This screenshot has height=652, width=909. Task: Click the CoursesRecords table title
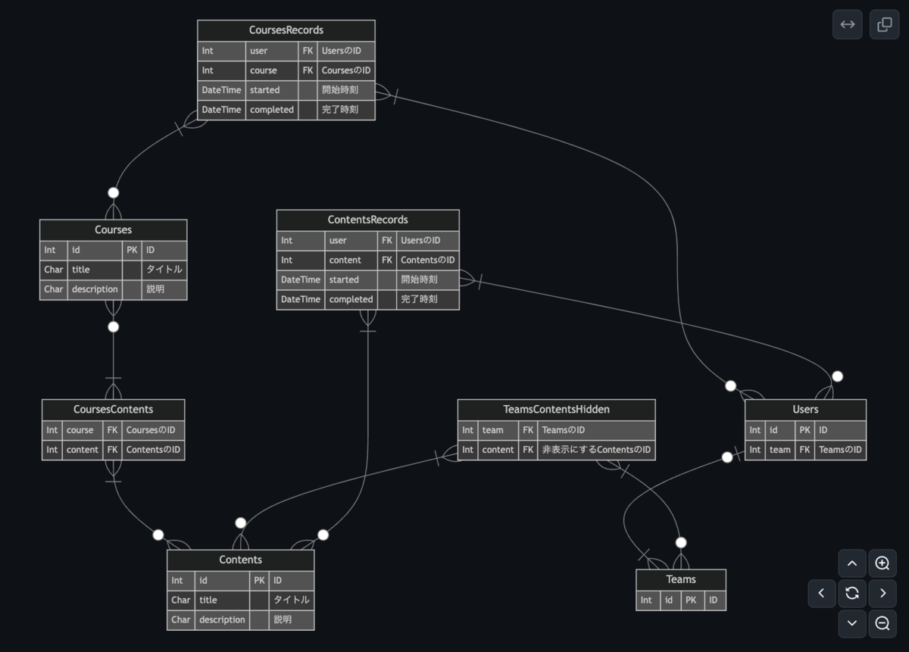pos(286,30)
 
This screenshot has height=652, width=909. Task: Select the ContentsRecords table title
pos(367,220)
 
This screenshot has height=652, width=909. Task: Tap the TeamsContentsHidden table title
pos(556,410)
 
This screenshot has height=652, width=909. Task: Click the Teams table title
pos(681,579)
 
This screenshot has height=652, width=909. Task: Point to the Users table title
pos(805,410)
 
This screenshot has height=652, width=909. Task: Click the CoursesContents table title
pos(113,410)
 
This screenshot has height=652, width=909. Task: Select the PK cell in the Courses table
pos(132,250)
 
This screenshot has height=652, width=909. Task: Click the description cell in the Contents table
pos(222,619)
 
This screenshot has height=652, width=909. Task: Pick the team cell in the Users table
pos(780,450)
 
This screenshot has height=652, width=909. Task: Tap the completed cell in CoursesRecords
pos(272,110)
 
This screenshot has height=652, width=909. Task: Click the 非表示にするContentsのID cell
pos(596,450)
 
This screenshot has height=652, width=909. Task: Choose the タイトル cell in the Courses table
pos(164,270)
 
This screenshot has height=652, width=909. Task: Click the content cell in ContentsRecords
pos(351,260)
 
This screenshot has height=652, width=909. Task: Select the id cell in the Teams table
pos(669,600)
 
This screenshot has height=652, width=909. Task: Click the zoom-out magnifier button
pos(882,623)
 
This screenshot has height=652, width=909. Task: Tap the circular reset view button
pos(852,593)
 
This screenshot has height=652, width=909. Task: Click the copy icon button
pos(884,24)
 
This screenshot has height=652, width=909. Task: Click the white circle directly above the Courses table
pos(114,192)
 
